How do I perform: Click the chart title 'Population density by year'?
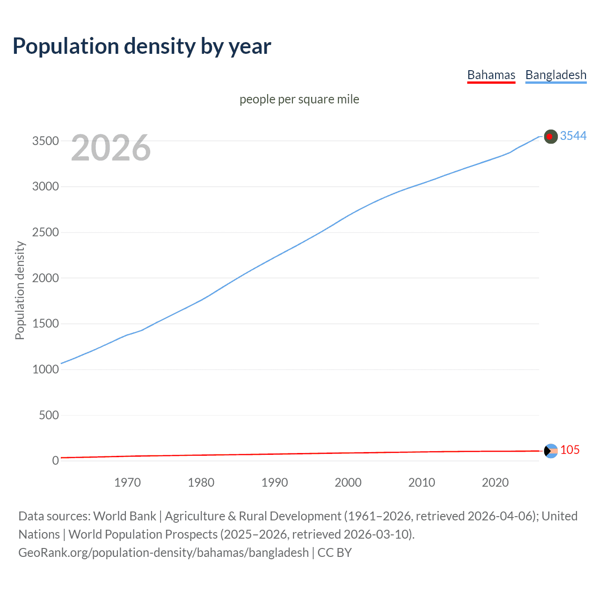[x=142, y=46]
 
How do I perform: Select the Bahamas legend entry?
[x=491, y=75]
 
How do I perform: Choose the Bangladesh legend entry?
[x=555, y=75]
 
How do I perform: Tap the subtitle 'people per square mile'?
[x=299, y=99]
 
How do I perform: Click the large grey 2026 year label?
[x=111, y=148]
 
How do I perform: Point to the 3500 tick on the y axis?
[x=45, y=141]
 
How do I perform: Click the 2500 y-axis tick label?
[x=45, y=232]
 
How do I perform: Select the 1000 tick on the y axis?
[x=45, y=369]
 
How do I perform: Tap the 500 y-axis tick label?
[x=49, y=415]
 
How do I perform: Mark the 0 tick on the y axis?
[x=55, y=460]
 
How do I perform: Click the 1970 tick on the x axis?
[x=127, y=482]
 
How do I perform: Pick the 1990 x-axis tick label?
[x=275, y=482]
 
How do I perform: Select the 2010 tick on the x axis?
[x=422, y=482]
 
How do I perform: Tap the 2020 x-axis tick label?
[x=495, y=482]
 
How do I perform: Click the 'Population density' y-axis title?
[x=20, y=290]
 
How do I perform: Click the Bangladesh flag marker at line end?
[x=551, y=136]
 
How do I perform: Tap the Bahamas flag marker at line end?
[x=551, y=451]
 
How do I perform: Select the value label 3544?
[x=573, y=136]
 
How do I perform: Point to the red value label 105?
[x=570, y=450]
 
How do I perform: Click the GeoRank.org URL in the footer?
[x=163, y=553]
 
